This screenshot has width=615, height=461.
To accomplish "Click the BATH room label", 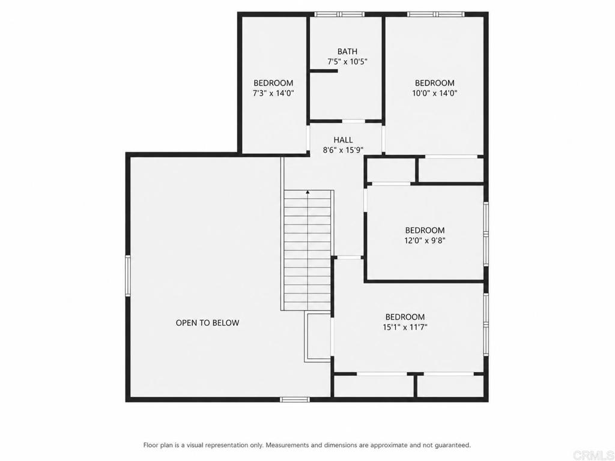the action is click(x=347, y=52).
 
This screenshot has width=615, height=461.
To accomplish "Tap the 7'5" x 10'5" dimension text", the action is click(x=347, y=62).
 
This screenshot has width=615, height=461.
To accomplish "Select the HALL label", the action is click(x=343, y=139).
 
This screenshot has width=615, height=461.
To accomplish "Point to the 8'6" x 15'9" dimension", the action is click(x=343, y=149).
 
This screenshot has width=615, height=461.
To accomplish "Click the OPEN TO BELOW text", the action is click(x=207, y=322).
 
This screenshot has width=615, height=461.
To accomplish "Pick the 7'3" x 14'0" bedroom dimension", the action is click(x=273, y=93).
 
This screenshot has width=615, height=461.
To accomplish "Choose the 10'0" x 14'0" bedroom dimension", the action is click(x=435, y=93).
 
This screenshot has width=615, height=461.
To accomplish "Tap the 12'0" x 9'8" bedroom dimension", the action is click(x=425, y=240).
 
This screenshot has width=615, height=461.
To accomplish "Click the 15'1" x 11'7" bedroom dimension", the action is click(x=405, y=327).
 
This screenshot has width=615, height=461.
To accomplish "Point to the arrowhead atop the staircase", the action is click(x=308, y=193).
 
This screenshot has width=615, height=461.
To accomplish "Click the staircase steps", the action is click(x=308, y=250).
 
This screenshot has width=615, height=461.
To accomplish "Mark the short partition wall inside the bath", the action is click(x=324, y=71).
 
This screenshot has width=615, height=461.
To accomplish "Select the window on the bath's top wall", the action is click(x=340, y=14).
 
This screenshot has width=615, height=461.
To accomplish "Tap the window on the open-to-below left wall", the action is click(x=127, y=275).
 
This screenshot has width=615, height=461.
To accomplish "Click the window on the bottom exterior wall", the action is click(x=294, y=399).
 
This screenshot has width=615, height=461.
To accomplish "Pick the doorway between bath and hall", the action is click(x=353, y=121).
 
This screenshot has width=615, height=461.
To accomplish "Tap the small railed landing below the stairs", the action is click(x=318, y=337).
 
